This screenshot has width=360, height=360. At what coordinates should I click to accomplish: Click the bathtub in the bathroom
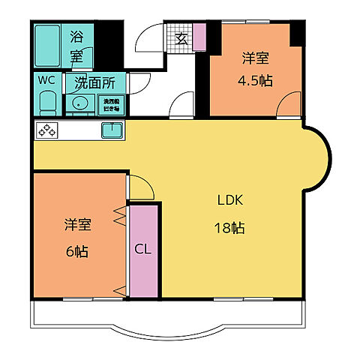[x=49, y=45]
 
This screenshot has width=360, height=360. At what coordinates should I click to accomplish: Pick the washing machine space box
[x=110, y=103]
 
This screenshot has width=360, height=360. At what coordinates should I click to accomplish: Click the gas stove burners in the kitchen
[x=47, y=130]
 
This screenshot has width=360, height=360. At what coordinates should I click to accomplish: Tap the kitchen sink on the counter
[x=112, y=130]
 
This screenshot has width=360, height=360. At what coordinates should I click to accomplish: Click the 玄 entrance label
[x=181, y=40]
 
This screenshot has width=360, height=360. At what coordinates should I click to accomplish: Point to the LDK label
[x=230, y=201]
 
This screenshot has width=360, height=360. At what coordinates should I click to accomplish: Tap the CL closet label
[x=142, y=249]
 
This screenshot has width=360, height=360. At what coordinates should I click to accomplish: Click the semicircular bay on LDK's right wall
[x=318, y=157]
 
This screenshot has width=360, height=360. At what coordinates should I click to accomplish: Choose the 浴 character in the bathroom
[x=77, y=35]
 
